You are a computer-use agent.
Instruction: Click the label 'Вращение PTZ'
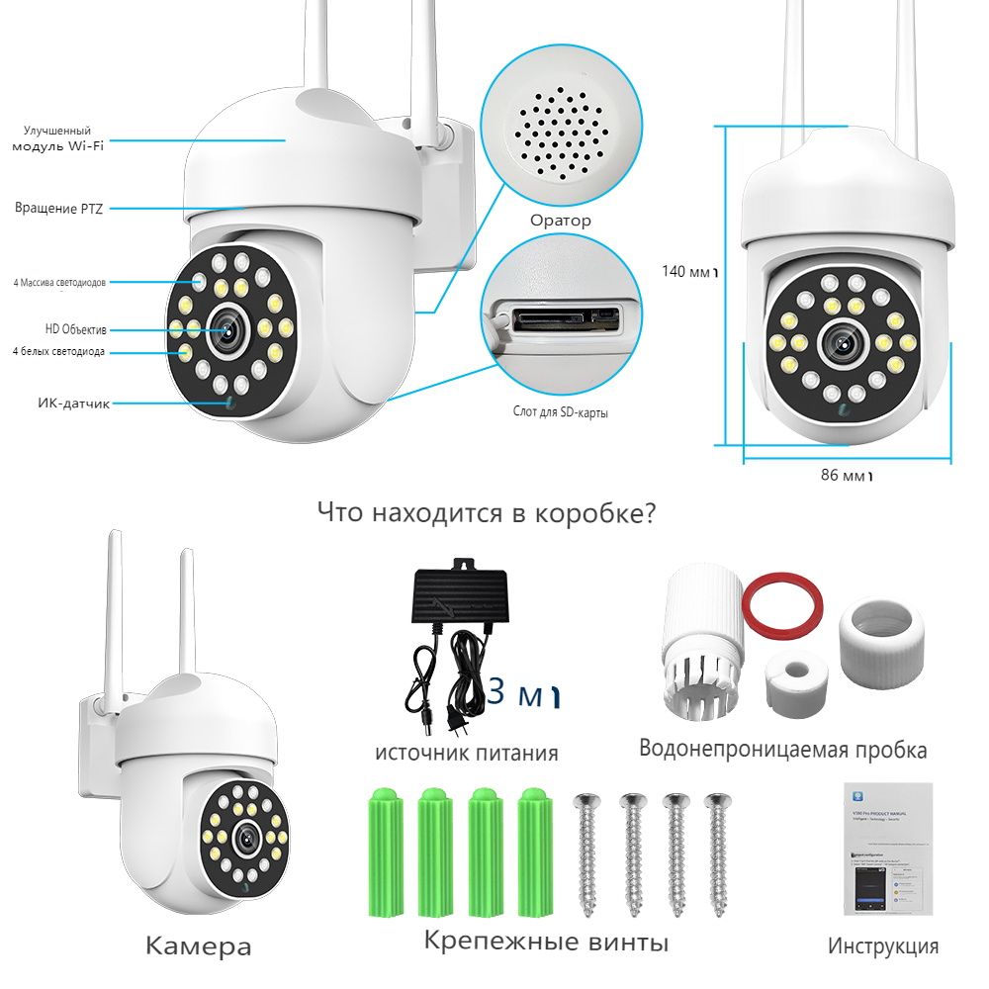point(58,209)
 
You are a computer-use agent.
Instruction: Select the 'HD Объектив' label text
point(75,328)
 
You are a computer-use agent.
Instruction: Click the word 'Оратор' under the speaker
point(560,221)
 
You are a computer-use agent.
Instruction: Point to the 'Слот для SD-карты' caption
point(560,411)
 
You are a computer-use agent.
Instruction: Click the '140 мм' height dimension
point(688,270)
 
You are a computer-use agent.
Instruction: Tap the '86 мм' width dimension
point(847,475)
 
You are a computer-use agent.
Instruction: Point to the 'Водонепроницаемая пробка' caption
point(782,750)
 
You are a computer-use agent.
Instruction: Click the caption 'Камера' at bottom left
point(198,946)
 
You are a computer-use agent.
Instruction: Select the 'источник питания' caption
point(466,753)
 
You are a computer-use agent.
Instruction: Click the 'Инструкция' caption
point(882,946)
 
